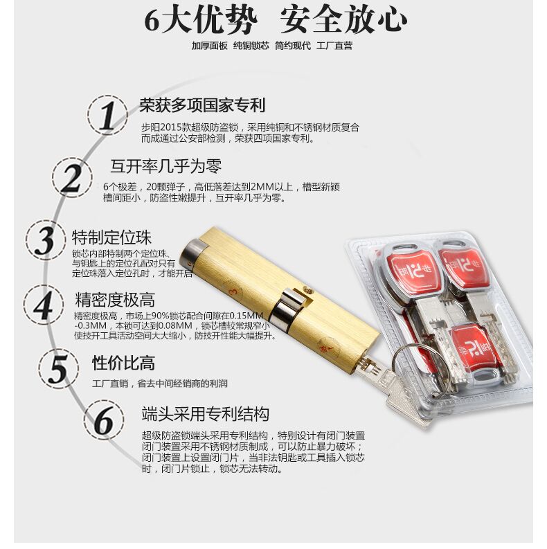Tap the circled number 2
point(72,178)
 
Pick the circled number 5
point(59,368)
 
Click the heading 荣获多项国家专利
point(202,106)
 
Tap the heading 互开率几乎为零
point(166,166)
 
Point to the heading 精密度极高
point(115,300)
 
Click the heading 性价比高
point(123,363)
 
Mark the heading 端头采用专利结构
point(205,415)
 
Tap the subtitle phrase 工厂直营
point(334,46)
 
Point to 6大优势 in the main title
point(200,19)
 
